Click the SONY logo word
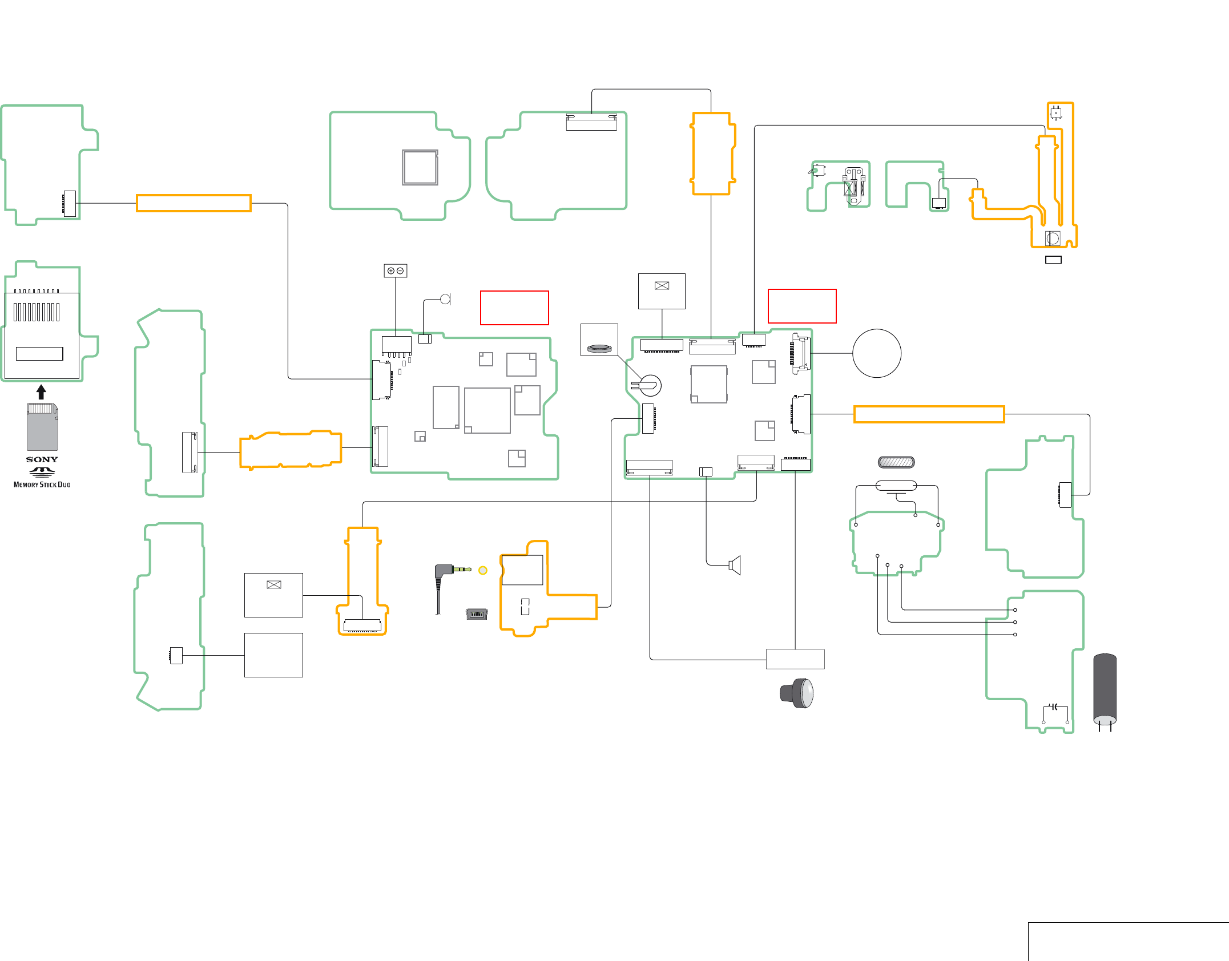click(42, 459)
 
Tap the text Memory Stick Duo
click(42, 484)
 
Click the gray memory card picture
click(42, 427)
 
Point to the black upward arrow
click(41, 391)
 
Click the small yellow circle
click(483, 570)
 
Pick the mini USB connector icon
click(477, 614)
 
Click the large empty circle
click(877, 353)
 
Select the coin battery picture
click(599, 348)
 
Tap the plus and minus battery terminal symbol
click(396, 270)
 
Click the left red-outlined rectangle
click(514, 308)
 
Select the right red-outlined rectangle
click(802, 306)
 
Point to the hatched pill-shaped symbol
click(896, 462)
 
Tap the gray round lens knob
click(797, 693)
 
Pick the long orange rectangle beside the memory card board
click(194, 203)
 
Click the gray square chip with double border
click(420, 167)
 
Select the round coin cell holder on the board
click(648, 386)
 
